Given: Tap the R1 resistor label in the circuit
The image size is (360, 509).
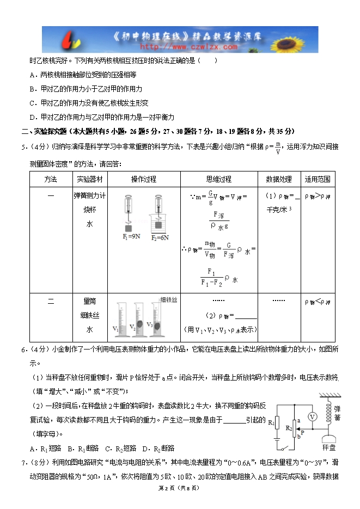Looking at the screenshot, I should click(x=271, y=421).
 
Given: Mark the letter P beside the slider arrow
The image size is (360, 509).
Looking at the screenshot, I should click(x=302, y=433).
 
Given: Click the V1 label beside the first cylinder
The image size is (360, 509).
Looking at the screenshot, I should click(x=115, y=329).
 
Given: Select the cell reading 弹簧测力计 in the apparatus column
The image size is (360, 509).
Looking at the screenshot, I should click(x=89, y=195).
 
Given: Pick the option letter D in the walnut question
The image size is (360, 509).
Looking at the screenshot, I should click(x=33, y=117).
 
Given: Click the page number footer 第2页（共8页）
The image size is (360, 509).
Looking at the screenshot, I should click(x=180, y=488).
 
